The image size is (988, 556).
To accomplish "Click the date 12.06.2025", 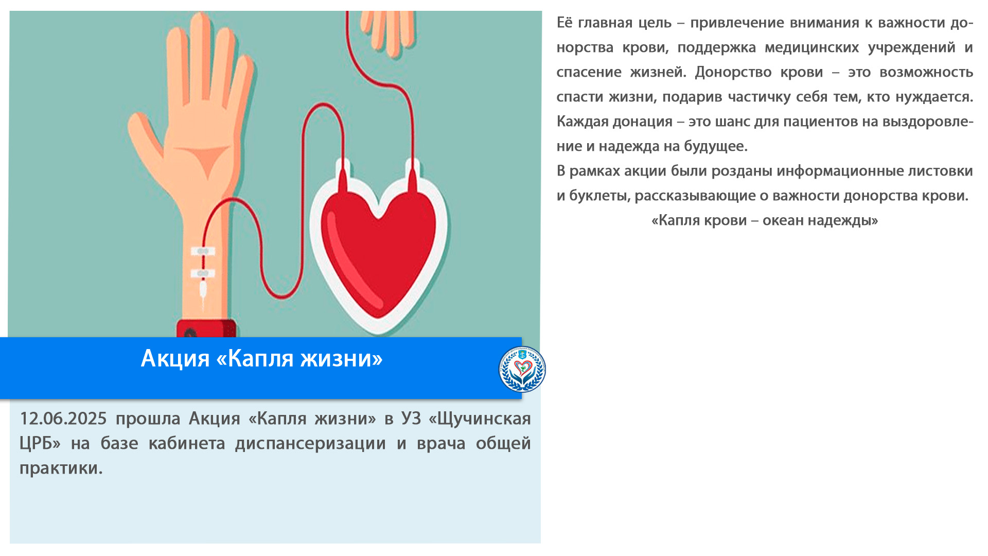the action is pyautogui.click(x=63, y=419).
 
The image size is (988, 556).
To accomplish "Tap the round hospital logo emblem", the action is pyautogui.click(x=522, y=369).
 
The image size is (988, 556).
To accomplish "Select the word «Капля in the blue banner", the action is pyautogui.click(x=254, y=358).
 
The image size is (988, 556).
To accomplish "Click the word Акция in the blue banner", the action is pyautogui.click(x=175, y=358).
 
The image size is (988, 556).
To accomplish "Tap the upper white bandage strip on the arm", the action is pyautogui.click(x=203, y=251).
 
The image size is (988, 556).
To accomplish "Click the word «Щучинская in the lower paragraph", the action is pyautogui.click(x=480, y=419).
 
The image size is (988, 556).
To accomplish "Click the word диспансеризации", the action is pyautogui.click(x=310, y=444).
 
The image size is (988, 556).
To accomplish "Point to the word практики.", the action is pyautogui.click(x=61, y=468).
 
